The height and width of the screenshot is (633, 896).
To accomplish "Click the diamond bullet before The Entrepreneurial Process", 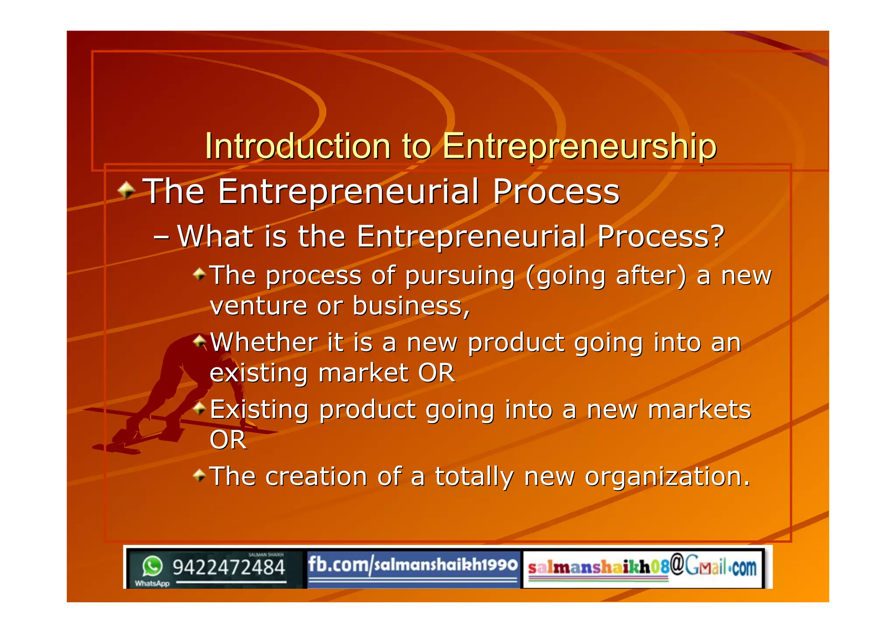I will [x=126, y=190].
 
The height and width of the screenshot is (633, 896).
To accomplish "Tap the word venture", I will [x=258, y=306].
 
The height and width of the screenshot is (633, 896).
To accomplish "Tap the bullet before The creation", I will [x=199, y=475].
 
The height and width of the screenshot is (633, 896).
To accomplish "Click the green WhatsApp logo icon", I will [x=152, y=566].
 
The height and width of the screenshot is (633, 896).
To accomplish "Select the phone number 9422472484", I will [x=229, y=567].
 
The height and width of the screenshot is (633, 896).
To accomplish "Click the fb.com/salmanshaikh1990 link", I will [x=413, y=565].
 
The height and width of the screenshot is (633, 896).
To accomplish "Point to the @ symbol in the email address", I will [x=677, y=564].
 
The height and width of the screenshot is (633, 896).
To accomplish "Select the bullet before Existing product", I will [x=199, y=409].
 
